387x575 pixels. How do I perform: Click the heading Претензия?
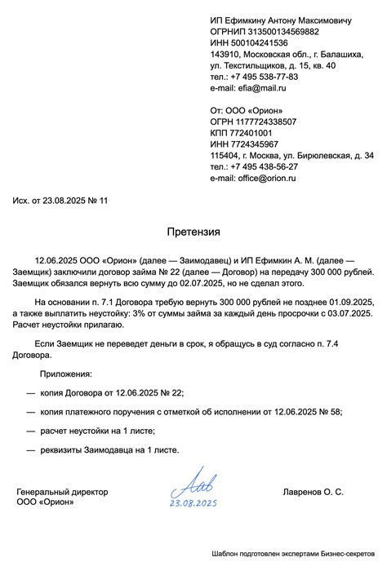coord(193,232)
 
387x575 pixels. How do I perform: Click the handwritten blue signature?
coord(193,485)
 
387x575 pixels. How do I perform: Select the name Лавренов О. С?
coord(313,493)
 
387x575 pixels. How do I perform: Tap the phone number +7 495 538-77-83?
coord(265,77)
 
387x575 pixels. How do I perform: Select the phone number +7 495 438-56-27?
coord(265,166)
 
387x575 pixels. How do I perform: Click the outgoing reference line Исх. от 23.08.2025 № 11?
coord(60,201)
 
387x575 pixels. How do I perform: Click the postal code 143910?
coord(223,54)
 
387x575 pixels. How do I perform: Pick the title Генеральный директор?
coord(62,493)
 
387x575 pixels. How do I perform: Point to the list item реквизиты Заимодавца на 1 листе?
coord(108,449)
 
